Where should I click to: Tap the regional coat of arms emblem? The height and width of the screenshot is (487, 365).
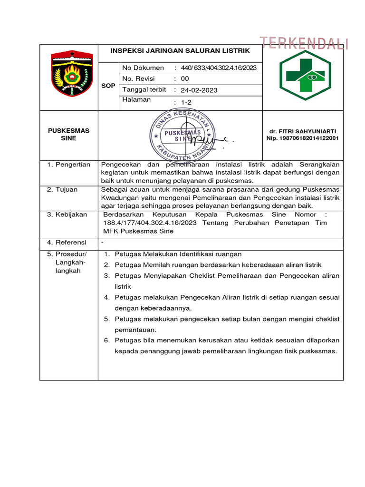click(72, 73)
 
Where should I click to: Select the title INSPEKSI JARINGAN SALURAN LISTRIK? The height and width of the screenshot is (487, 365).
click(180, 50)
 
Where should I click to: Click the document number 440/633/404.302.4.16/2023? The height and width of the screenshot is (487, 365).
click(219, 68)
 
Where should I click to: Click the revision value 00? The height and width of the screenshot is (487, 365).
click(185, 79)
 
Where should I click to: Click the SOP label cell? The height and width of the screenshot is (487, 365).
click(108, 86)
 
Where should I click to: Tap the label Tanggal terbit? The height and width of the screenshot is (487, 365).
click(144, 90)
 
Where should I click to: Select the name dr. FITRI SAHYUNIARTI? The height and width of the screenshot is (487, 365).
click(302, 131)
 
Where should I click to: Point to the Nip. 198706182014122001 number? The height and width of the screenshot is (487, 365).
click(302, 138)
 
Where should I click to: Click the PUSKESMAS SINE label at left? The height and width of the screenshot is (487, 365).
click(69, 134)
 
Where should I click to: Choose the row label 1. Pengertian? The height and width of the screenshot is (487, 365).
click(68, 165)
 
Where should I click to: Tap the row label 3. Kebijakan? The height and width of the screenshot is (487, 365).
click(67, 214)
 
